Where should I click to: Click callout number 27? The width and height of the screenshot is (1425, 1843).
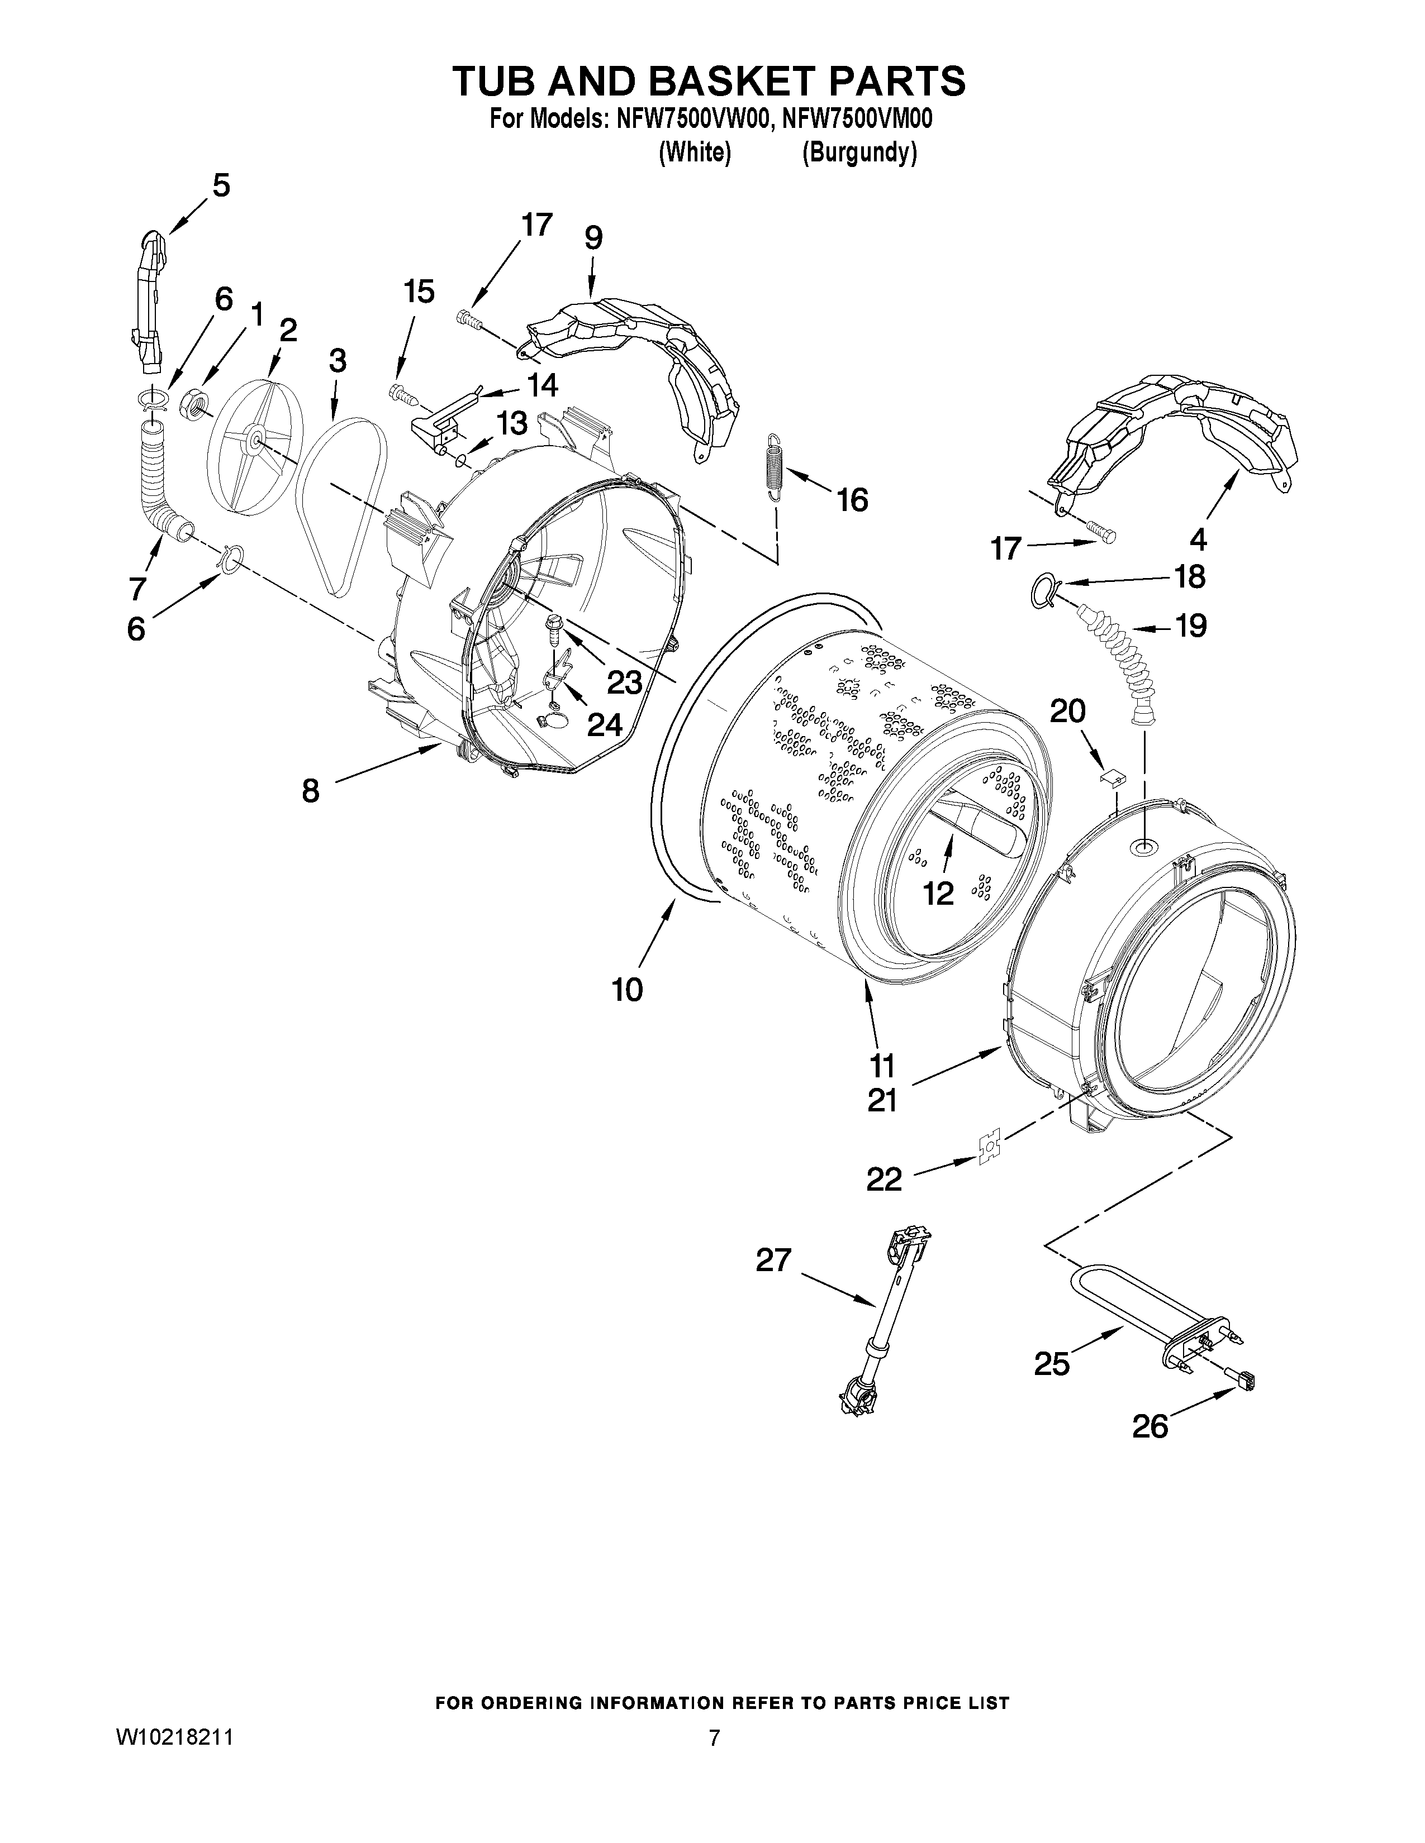(773, 1261)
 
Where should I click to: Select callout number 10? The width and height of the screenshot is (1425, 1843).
(627, 989)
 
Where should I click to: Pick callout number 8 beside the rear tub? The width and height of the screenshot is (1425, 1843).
(311, 791)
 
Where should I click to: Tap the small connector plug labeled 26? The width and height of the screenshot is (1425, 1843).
(1243, 1381)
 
